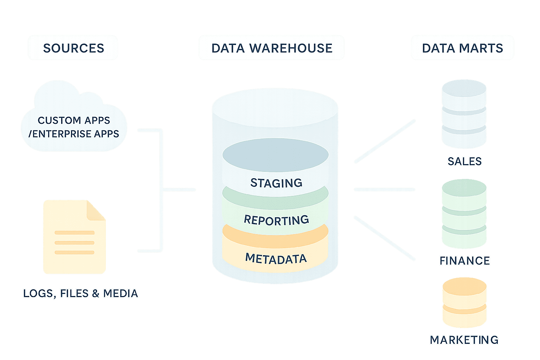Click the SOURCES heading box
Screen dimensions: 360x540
pos(73,48)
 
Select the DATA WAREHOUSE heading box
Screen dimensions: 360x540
pos(271,48)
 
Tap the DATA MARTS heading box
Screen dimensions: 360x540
pos(462,48)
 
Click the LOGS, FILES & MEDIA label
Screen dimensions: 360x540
pos(81,293)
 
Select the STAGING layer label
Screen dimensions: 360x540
pos(276,183)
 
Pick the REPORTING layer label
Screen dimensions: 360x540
pos(276,220)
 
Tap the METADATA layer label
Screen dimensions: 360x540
pos(276,259)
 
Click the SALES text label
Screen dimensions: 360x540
pos(464,161)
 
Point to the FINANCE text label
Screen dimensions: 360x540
pos(464,261)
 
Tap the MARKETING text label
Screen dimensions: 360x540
pos(464,340)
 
